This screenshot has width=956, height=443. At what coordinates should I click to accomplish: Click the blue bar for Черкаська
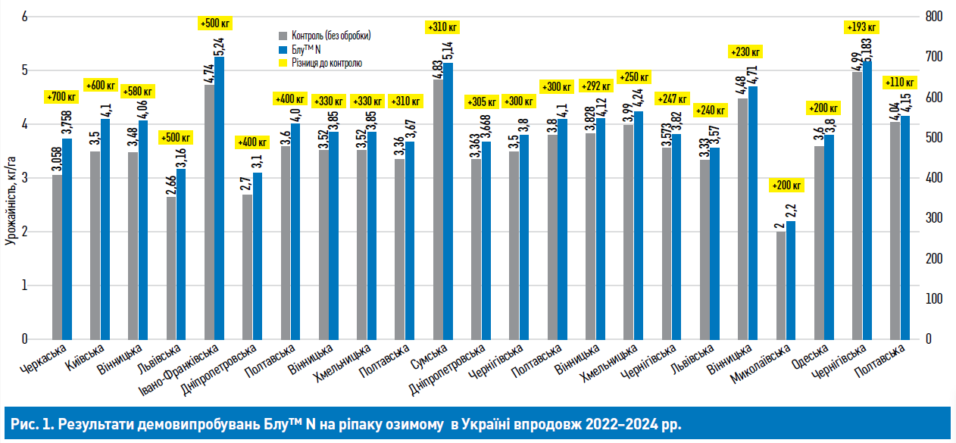67,239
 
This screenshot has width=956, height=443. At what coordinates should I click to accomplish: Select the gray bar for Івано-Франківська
209,212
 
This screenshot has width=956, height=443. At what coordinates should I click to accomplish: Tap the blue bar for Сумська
448,201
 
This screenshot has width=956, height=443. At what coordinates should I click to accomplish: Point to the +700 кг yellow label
61,97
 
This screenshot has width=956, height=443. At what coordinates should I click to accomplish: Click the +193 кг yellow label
861,27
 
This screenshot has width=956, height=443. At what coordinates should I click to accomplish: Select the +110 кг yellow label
899,82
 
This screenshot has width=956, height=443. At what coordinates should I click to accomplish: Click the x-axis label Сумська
428,355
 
